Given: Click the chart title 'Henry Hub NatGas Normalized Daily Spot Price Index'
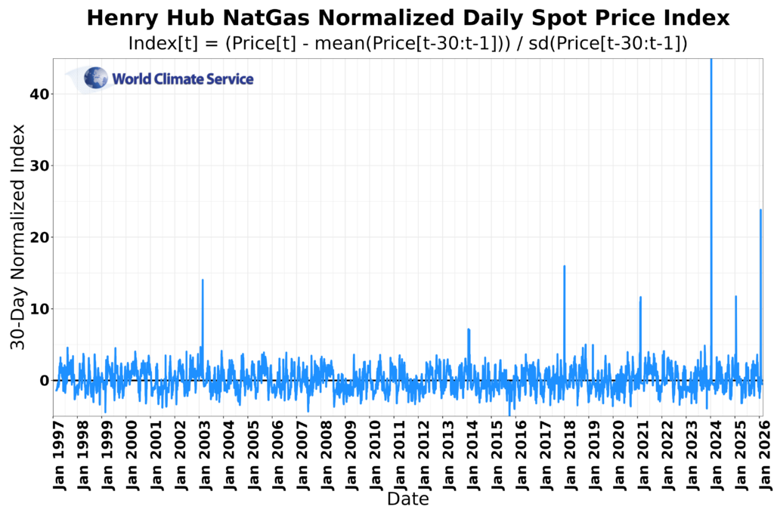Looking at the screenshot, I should (408, 18).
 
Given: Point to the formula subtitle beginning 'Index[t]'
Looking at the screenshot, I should (408, 43).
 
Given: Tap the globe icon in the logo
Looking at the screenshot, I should (96, 78).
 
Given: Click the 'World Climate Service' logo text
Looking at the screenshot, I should (183, 79).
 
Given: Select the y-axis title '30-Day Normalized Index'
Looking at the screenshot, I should (18, 236).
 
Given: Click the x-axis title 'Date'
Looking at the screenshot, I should (408, 499).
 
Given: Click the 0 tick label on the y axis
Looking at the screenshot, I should (44, 381).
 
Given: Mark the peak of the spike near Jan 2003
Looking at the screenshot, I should (203, 280).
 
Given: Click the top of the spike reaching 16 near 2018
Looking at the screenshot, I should (565, 266).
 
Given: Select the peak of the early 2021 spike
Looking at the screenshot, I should (640, 297).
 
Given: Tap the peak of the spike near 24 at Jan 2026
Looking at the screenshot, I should (760, 210).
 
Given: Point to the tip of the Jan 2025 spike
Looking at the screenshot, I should (735, 296).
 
